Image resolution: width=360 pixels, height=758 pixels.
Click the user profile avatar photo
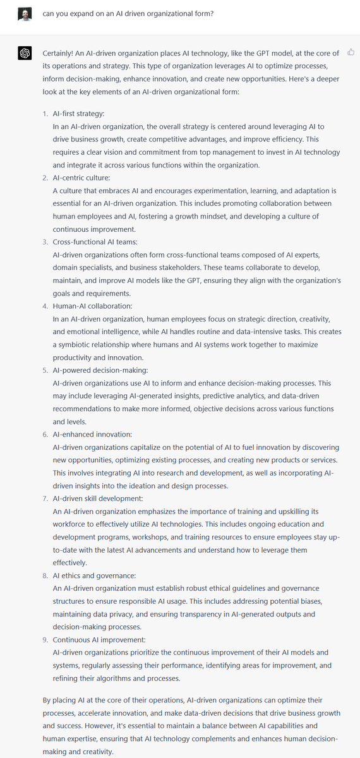[x=24, y=14]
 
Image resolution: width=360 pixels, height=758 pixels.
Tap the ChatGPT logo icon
[x=24, y=54]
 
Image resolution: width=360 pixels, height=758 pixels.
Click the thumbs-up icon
[x=351, y=52]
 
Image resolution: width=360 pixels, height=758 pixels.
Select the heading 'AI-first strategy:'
[x=79, y=113]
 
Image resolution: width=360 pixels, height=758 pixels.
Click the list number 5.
[x=45, y=370]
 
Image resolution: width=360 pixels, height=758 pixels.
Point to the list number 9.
[x=45, y=639]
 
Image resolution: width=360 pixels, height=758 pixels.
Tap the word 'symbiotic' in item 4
[x=76, y=344]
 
